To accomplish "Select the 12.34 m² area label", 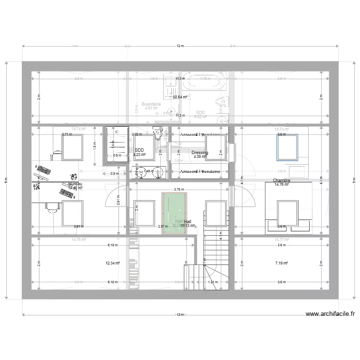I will coord(113,263).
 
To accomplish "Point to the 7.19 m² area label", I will coord(282,263).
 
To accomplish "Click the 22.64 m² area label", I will coord(180,97).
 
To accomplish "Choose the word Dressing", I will coord(200,153).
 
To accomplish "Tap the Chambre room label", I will coord(281,180).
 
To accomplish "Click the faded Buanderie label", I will coord(151,104).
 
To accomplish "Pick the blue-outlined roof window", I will coord(287,147).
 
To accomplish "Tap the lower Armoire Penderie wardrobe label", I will coord(200,171).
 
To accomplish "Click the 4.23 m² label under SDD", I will coord(140,155).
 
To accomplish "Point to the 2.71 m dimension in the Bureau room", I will coord(67,135).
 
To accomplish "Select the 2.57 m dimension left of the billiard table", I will coord(162,226).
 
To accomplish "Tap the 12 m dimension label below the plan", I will coord(180,315).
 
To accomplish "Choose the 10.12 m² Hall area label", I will coord(188,225).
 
